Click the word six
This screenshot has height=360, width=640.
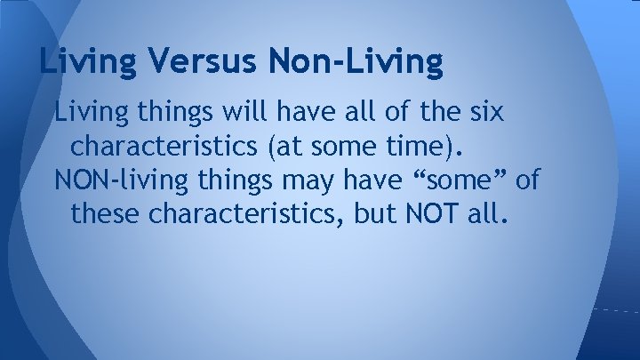click(x=485, y=114)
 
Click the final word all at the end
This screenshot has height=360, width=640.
click(x=489, y=214)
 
